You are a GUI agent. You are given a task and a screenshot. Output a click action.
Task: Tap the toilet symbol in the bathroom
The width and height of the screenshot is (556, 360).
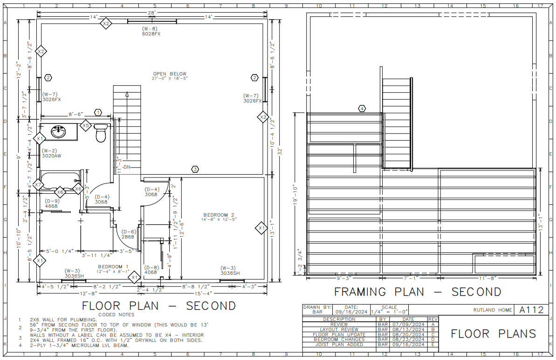coord(101,133)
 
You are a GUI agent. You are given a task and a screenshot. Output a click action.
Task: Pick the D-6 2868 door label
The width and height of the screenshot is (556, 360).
coord(128,234)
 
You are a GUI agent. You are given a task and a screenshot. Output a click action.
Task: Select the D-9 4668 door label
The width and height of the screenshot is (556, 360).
coord(51,204)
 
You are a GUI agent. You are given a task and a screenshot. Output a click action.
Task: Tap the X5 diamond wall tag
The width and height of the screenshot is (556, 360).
coord(85,125)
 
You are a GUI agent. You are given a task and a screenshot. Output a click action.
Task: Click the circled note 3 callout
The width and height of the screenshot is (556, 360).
coord(195,169)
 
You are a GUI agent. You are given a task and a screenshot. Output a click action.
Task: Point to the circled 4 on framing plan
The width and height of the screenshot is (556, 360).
coord(362,109)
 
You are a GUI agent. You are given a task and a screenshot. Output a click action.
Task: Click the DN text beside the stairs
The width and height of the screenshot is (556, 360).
coord(127,167)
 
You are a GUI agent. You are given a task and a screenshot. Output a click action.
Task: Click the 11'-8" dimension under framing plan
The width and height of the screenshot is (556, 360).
coord(488,278)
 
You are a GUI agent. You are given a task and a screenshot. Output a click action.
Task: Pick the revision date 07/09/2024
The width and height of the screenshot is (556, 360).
coord(408,324)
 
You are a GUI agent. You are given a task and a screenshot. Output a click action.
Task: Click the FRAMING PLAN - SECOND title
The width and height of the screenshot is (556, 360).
coord(418,292)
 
